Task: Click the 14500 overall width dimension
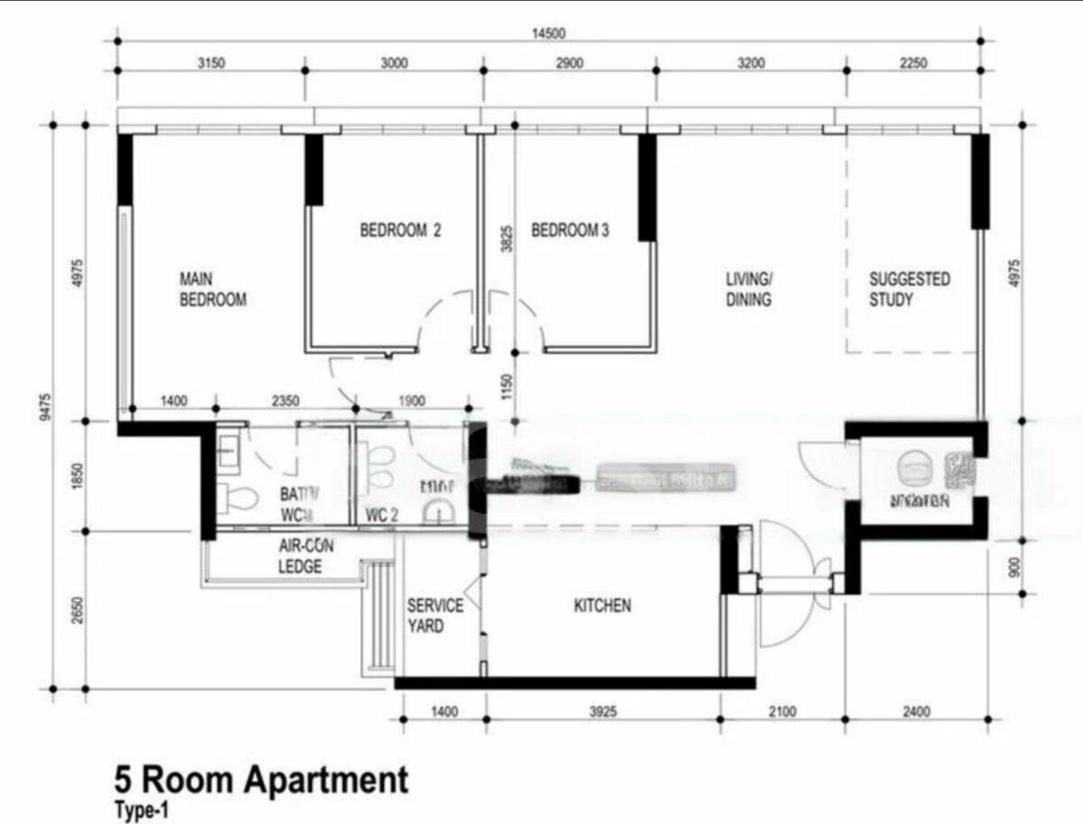548,33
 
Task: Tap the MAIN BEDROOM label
213,289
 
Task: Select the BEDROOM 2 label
400,231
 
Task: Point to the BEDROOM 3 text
569,231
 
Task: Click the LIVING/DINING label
749,289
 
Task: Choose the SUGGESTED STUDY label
909,289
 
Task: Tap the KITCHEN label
603,606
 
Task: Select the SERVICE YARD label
435,615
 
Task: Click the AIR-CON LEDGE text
301,557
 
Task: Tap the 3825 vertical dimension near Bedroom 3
507,238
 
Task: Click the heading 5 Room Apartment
261,779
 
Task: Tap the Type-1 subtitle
141,810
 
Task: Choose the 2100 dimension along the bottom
782,712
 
